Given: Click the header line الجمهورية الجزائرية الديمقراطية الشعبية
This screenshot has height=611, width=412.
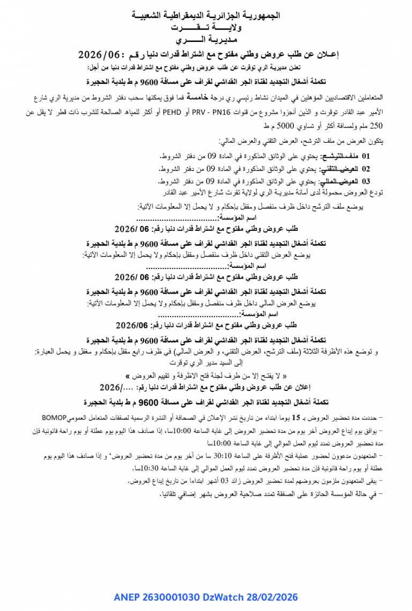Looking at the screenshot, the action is click(x=205, y=16).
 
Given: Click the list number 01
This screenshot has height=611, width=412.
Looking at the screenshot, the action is click(x=366, y=156).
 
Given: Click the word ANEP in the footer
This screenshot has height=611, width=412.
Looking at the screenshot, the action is click(x=126, y=597).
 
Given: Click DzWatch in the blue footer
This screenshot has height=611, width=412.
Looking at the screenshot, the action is click(x=222, y=597).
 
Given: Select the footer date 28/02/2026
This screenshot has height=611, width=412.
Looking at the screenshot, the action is click(x=271, y=597).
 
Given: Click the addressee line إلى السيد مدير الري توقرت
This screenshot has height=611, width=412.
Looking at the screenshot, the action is click(x=206, y=363).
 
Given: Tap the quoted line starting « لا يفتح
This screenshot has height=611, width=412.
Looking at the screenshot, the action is click(x=206, y=375).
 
